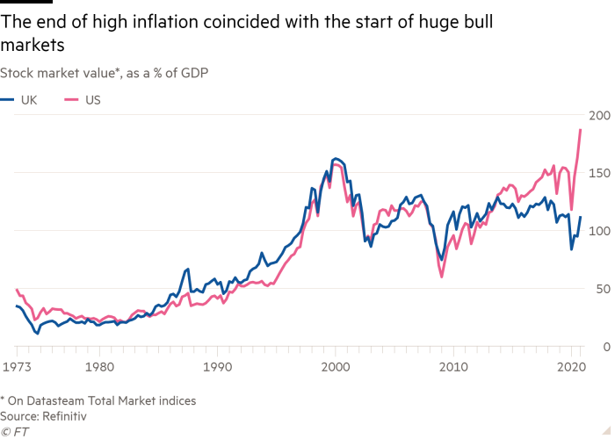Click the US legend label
pos(92,100)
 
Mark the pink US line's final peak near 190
pos(581,130)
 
